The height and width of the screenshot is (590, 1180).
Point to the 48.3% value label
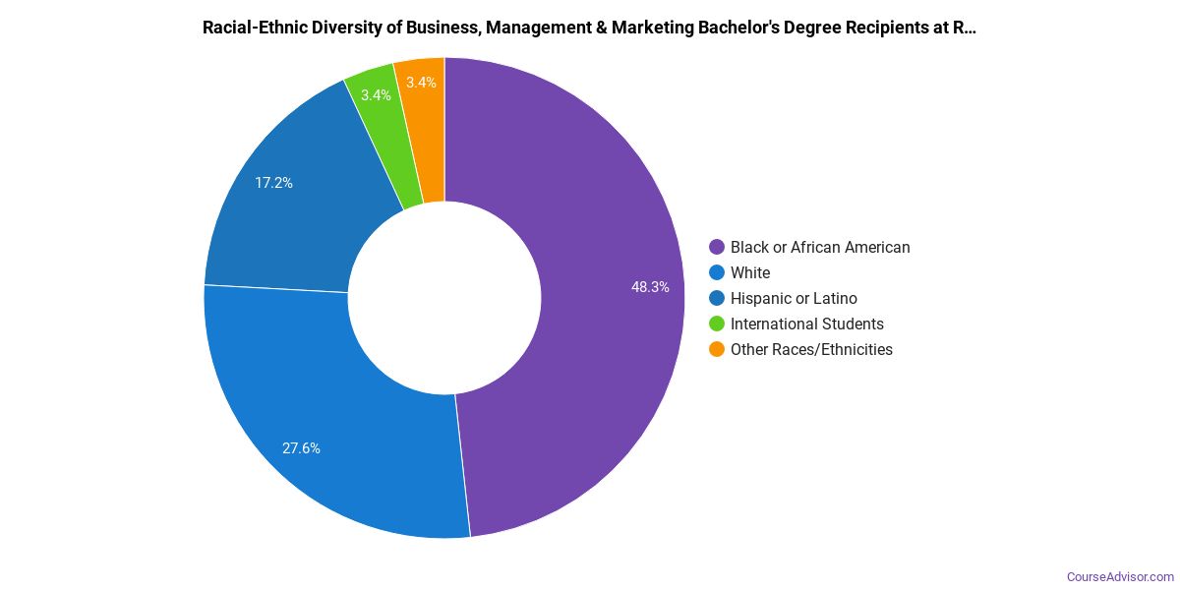pyautogui.click(x=650, y=287)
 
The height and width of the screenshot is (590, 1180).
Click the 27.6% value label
pyautogui.click(x=301, y=448)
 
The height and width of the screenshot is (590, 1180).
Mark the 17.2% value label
pyautogui.click(x=273, y=183)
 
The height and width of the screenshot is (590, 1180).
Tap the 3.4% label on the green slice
pyautogui.click(x=376, y=95)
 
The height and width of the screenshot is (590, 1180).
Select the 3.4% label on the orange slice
pyautogui.click(x=421, y=83)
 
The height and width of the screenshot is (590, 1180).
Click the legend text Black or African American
pyautogui.click(x=820, y=248)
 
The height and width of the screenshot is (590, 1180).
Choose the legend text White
pyautogui.click(x=750, y=273)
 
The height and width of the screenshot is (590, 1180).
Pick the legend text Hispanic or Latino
pyautogui.click(x=794, y=299)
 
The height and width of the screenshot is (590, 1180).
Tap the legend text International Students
pyautogui.click(x=807, y=324)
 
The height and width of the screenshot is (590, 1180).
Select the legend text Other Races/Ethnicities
pyautogui.click(x=811, y=350)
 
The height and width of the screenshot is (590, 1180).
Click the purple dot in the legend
pyautogui.click(x=717, y=248)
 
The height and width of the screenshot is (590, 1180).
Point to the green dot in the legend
pyautogui.click(x=717, y=324)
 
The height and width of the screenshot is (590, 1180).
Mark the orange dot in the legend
pyautogui.click(x=717, y=350)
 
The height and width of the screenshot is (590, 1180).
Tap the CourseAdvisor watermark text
pyautogui.click(x=1120, y=576)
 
